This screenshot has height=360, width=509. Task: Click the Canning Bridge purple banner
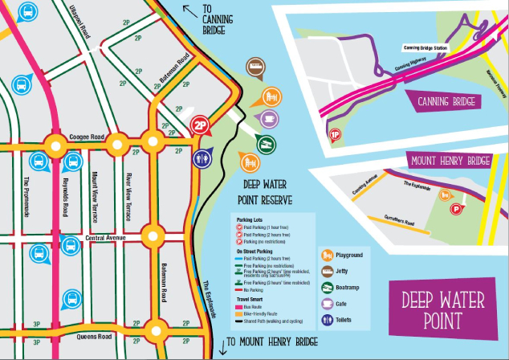446,102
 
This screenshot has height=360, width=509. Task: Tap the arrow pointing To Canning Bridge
191,10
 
